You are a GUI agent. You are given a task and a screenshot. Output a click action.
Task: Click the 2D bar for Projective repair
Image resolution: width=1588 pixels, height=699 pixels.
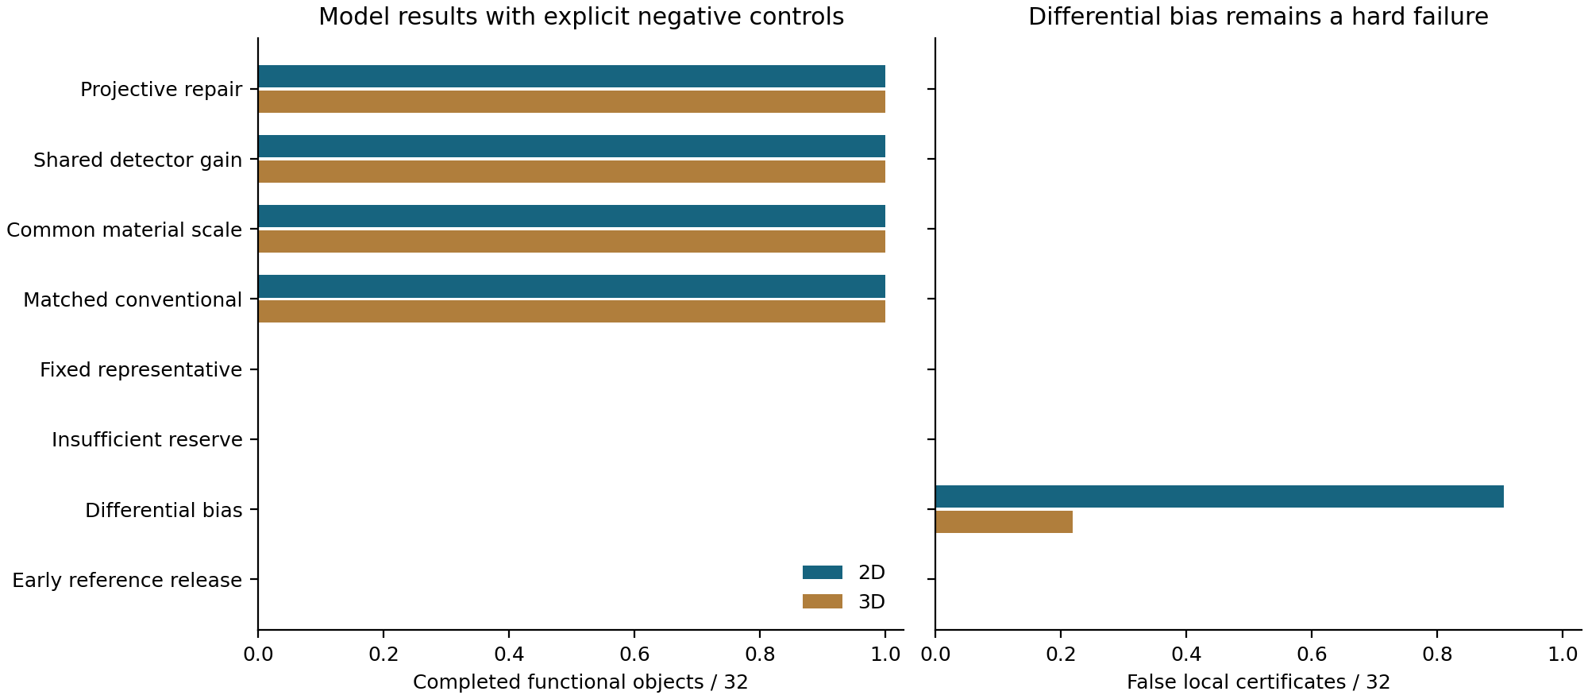click(x=572, y=76)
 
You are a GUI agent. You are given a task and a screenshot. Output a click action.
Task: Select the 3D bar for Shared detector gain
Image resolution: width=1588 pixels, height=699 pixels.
click(x=572, y=172)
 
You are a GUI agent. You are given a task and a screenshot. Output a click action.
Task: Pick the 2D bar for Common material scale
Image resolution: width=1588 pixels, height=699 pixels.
click(x=572, y=216)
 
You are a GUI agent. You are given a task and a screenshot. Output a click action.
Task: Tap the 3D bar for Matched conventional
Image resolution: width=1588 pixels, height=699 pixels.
click(x=572, y=311)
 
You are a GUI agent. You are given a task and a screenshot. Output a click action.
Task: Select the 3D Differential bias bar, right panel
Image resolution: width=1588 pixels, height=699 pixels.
click(x=1004, y=522)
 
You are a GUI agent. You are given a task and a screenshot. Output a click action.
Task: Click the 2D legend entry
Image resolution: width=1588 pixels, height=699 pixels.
click(x=843, y=573)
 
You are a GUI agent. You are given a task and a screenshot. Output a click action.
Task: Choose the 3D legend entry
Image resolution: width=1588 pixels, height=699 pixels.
click(x=843, y=602)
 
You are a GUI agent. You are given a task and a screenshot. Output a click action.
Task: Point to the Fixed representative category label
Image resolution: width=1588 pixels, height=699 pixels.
click(x=141, y=370)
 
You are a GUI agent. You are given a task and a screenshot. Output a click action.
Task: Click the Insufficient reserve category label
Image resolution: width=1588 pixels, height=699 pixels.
click(x=147, y=440)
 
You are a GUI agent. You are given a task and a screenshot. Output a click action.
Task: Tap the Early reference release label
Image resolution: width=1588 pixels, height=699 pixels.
click(x=127, y=581)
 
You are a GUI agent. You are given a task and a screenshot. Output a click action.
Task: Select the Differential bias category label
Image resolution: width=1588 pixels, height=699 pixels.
click(x=164, y=510)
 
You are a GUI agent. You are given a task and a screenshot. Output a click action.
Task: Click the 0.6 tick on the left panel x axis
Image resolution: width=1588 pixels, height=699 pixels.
click(x=634, y=655)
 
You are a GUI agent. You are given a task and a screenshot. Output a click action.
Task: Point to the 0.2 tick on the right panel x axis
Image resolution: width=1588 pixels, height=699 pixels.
click(x=1061, y=655)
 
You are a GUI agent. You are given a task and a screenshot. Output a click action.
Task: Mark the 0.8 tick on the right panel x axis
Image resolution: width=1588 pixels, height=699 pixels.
click(x=1437, y=655)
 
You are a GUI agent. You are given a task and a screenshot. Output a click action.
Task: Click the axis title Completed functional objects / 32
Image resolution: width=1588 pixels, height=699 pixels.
click(x=580, y=682)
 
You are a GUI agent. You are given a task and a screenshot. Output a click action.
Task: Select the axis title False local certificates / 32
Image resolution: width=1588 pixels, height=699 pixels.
click(x=1258, y=682)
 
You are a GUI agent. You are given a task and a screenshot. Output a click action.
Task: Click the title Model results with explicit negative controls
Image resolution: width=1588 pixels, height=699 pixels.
click(x=581, y=17)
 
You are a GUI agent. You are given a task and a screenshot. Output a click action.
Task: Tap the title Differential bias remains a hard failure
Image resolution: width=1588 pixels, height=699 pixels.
click(x=1258, y=17)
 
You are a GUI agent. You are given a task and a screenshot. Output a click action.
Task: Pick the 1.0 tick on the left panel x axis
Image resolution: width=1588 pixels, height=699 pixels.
click(x=885, y=655)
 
